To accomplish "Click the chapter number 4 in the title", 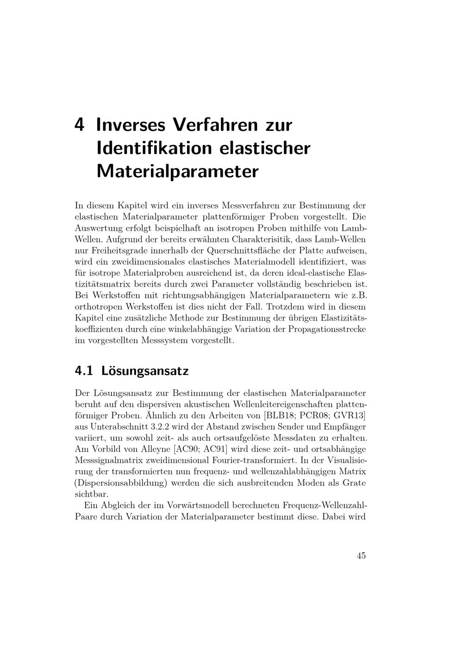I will (80, 125).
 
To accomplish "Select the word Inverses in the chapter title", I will (131, 125).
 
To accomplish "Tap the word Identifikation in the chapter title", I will (154, 148).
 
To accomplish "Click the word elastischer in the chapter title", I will (264, 148).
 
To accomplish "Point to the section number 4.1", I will (84, 371).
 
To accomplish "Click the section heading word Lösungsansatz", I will (145, 371).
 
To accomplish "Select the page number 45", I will (361, 555).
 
